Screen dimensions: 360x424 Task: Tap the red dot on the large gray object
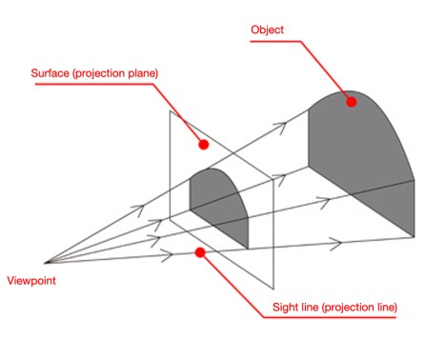click(x=352, y=100)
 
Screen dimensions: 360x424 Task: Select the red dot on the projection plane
click(x=203, y=145)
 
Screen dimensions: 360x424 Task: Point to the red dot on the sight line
click(x=199, y=252)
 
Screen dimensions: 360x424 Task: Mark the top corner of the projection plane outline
click(x=170, y=110)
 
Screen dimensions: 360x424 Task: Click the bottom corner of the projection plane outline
click(x=274, y=289)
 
